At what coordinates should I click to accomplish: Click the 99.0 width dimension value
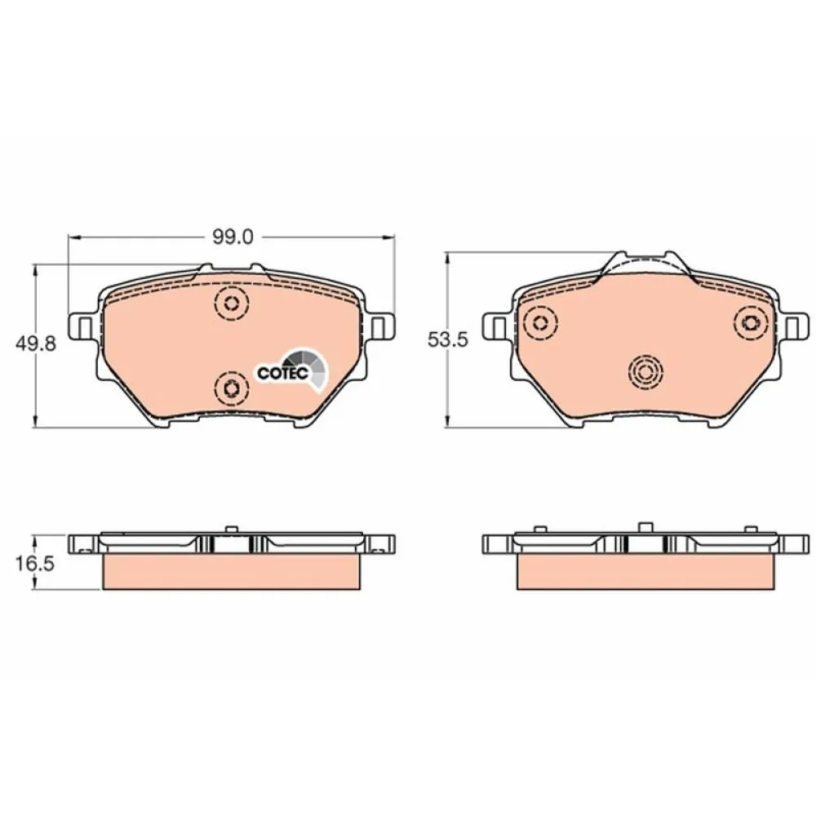click(x=233, y=237)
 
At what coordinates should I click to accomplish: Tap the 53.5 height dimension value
click(x=446, y=341)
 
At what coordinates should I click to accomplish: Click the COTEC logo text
click(x=282, y=372)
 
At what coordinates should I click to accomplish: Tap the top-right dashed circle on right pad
click(x=748, y=322)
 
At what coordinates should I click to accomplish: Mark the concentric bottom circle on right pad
click(x=644, y=374)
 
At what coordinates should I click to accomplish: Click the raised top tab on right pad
click(x=643, y=265)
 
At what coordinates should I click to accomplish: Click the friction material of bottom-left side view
click(x=231, y=572)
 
